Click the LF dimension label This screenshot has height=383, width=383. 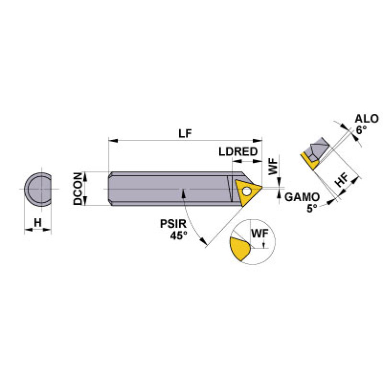point(186,133)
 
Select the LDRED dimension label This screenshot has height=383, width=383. point(238,151)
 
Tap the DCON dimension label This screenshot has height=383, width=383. point(78,189)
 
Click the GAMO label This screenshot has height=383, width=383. point(301,197)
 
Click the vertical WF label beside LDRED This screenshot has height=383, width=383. point(273,165)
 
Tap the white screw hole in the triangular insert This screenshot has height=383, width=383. point(246,190)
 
